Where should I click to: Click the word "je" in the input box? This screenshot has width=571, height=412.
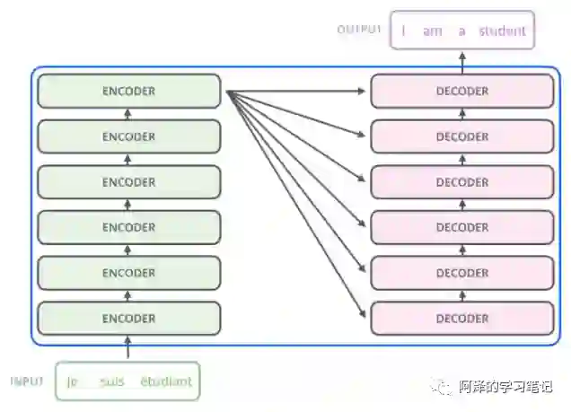coord(72,381)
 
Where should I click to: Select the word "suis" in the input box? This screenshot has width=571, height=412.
coord(112,381)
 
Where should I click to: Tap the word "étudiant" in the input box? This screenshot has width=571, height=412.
coord(166,381)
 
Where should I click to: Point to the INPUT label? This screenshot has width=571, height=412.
coord(27,381)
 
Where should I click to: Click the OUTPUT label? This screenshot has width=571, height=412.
coord(359,30)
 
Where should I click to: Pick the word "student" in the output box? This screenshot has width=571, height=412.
coord(502,31)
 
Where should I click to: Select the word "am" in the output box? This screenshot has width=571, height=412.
coord(433,31)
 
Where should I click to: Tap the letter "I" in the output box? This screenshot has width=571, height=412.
coord(404,31)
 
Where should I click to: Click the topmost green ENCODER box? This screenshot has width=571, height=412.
coord(128,92)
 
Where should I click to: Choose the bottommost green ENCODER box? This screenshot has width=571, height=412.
coord(128,318)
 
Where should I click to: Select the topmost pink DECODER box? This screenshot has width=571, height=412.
coord(462,92)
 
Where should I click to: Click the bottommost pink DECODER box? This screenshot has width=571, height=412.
coord(462,318)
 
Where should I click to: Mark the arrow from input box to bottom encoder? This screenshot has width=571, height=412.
coord(127,348)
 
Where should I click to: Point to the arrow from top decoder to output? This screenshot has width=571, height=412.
coord(462,63)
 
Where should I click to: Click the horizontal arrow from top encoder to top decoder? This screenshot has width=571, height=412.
coord(296,92)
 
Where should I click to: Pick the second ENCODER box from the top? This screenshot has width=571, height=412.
coord(128,136)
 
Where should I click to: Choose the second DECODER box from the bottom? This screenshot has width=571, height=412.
coord(462,273)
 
